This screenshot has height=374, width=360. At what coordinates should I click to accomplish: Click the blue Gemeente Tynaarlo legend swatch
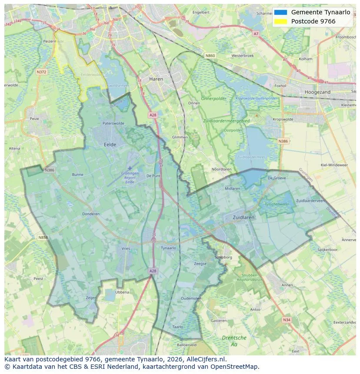point(281,12)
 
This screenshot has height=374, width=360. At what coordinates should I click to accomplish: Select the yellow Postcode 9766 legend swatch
point(281,21)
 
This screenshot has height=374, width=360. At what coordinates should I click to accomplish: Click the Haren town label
point(156,79)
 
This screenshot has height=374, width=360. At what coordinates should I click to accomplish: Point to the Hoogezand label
point(318,92)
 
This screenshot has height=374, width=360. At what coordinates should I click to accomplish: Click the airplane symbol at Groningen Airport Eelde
point(130,168)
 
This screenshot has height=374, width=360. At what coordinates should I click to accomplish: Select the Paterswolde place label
point(113,123)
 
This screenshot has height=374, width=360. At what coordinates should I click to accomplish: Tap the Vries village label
point(126,248)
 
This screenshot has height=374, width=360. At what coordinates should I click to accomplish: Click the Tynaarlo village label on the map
point(168,248)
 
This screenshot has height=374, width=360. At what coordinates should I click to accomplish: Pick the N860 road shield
point(210,56)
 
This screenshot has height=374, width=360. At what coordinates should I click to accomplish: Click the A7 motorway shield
point(256,33)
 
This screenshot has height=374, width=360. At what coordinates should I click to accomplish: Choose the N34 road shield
point(286,320)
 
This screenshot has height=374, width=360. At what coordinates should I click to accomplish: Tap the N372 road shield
point(41,72)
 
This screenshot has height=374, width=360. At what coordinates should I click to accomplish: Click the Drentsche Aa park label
point(234,341)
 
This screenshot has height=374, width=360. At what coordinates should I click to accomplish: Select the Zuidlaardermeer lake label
point(250,157)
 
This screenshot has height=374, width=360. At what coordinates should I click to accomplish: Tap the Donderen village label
point(91,214)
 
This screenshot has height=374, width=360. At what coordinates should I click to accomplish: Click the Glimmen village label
point(180,137)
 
